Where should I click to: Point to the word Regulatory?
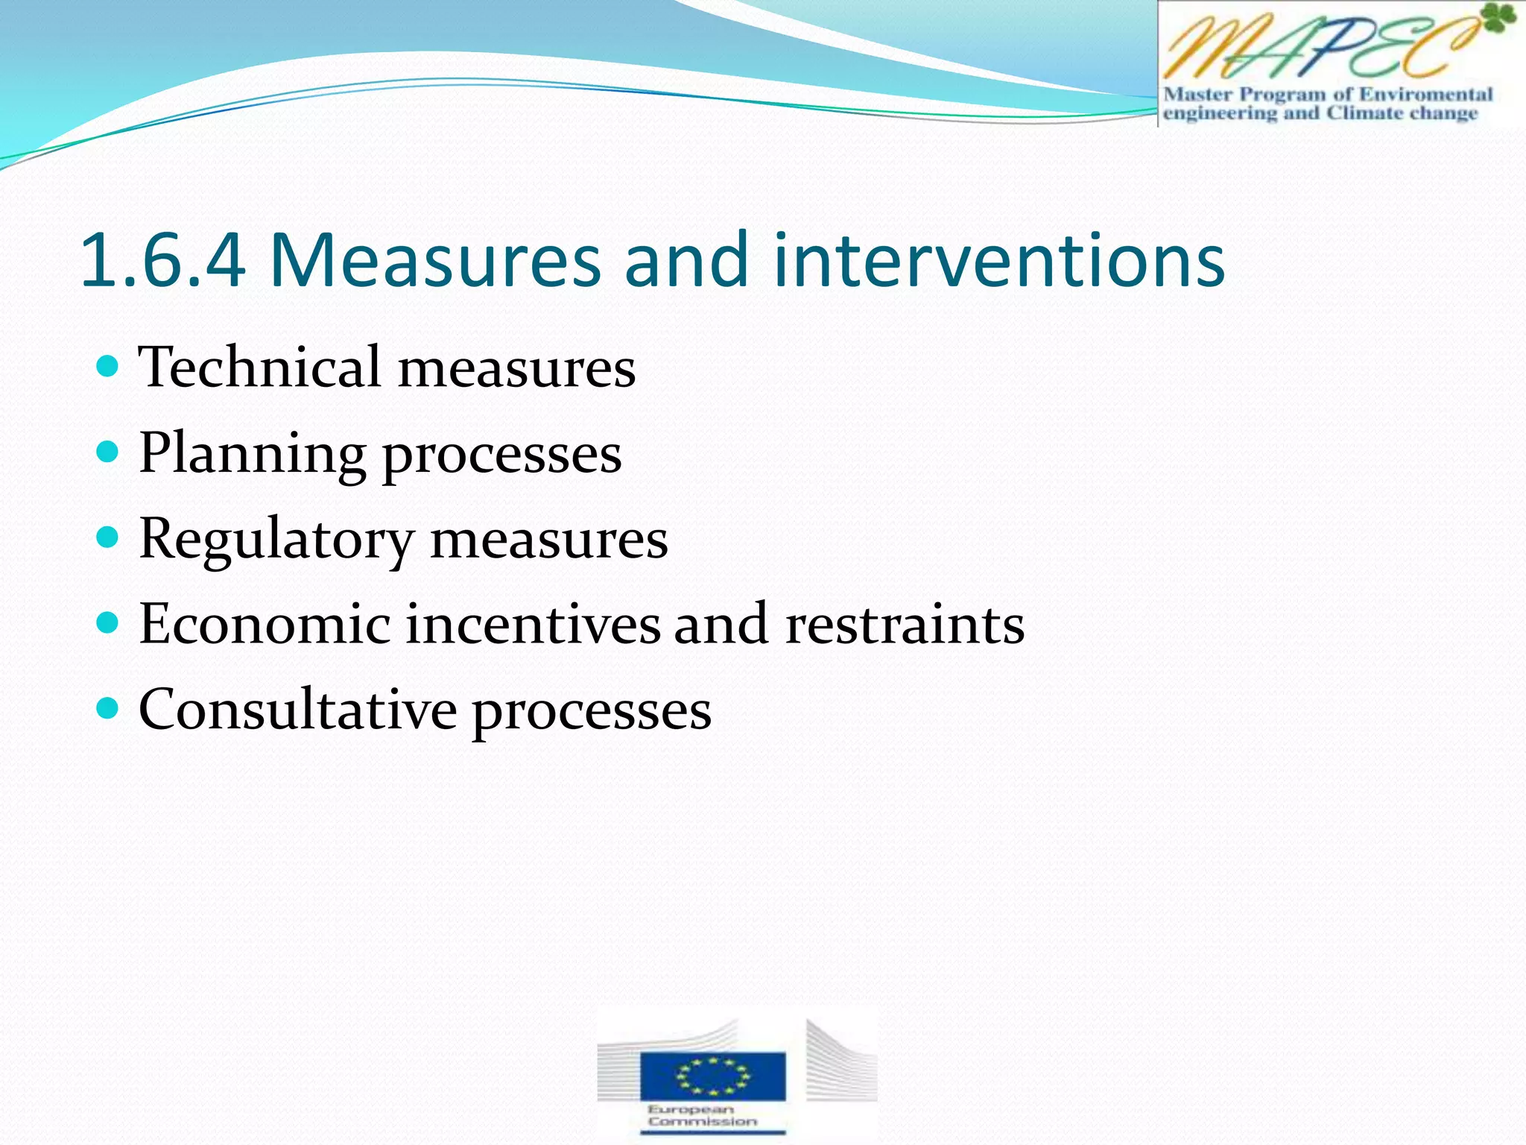(x=276, y=538)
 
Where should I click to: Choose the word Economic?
(x=265, y=623)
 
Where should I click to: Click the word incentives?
(x=533, y=623)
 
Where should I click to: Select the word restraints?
(x=905, y=623)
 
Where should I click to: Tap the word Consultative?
(x=297, y=709)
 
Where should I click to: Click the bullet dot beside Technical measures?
(x=108, y=366)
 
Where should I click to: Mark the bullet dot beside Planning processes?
(x=108, y=452)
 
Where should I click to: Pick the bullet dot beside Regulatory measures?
(x=108, y=537)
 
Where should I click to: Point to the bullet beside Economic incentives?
(x=108, y=622)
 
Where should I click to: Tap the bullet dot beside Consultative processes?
(x=108, y=707)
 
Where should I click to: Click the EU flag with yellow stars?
(x=712, y=1075)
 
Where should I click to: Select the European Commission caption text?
(x=702, y=1115)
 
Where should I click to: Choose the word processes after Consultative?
(x=592, y=710)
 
